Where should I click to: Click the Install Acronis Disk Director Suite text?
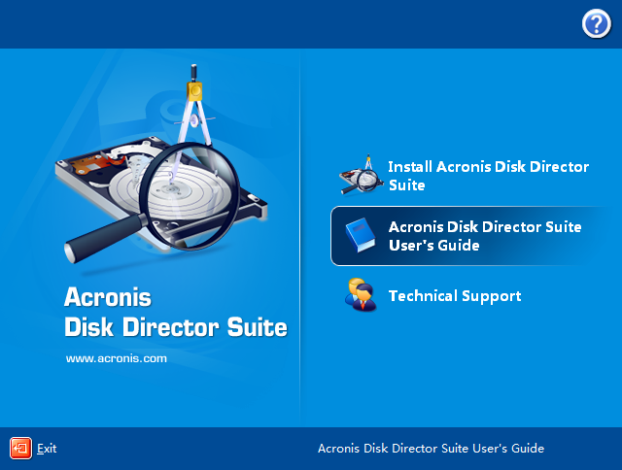pos(488,176)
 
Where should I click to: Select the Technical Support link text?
pos(455,296)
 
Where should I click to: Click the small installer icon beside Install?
pos(360,175)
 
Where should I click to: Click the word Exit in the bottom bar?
pos(47,449)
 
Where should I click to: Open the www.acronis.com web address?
pos(117,358)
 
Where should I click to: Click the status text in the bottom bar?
pos(431,449)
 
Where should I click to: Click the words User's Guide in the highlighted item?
pos(434,247)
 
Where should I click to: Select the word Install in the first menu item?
pos(410,167)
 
